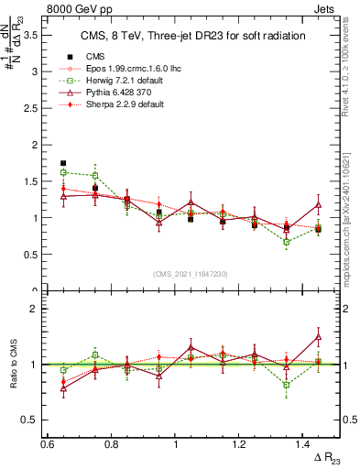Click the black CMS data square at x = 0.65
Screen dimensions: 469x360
pos(63,163)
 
